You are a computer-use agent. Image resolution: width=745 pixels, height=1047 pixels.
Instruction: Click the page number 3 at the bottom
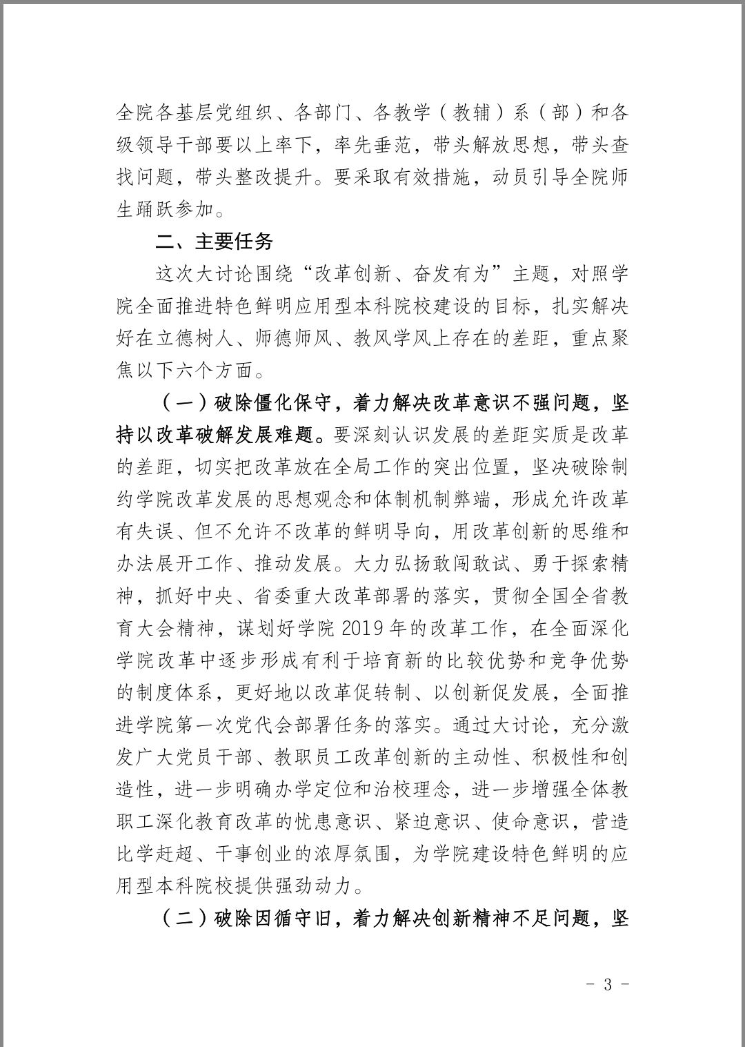607,984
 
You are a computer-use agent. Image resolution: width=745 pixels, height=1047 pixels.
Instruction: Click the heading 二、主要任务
215,241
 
